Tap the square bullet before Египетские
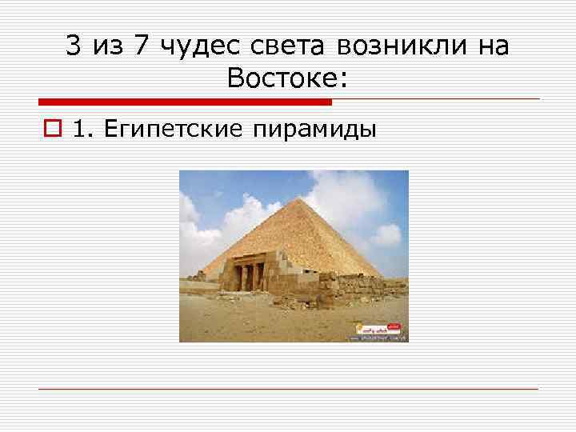click(x=55, y=130)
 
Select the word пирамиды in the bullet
click(x=315, y=130)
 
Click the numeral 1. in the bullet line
click(x=82, y=130)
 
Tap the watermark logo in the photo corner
click(x=378, y=330)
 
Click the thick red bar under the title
click(x=185, y=102)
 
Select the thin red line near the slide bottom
click(x=288, y=389)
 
